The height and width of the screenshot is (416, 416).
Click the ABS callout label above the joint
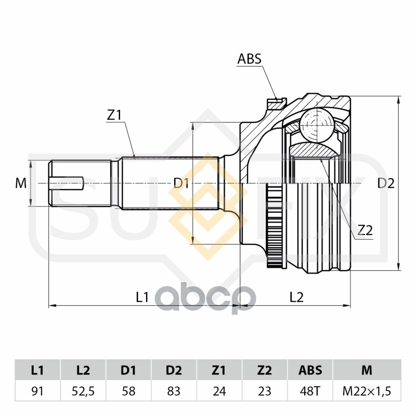(x=249, y=59)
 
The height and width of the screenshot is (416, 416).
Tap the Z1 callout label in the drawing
(x=114, y=115)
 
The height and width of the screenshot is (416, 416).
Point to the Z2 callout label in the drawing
(x=365, y=230)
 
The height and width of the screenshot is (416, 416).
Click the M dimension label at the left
(x=21, y=183)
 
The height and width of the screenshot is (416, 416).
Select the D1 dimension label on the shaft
(x=181, y=183)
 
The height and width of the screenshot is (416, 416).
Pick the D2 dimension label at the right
(x=386, y=183)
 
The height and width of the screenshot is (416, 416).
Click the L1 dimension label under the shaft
(x=142, y=297)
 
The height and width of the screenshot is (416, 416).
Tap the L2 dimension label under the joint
(x=296, y=297)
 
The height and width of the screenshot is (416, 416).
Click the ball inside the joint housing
(x=317, y=124)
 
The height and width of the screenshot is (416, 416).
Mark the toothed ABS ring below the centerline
(x=275, y=227)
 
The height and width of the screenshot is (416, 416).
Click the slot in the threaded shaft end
(x=67, y=184)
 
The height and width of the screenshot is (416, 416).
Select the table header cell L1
(x=37, y=370)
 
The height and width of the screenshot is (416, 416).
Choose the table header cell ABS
(x=310, y=370)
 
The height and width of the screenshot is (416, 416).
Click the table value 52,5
(x=83, y=391)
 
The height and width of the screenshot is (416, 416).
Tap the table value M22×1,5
(x=367, y=391)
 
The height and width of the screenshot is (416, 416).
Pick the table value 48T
(x=310, y=391)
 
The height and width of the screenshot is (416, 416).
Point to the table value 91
(x=37, y=391)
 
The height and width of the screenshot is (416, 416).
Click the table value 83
(x=174, y=391)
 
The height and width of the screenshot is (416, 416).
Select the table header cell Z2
(x=265, y=370)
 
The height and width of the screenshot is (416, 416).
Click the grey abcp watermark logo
(x=205, y=298)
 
